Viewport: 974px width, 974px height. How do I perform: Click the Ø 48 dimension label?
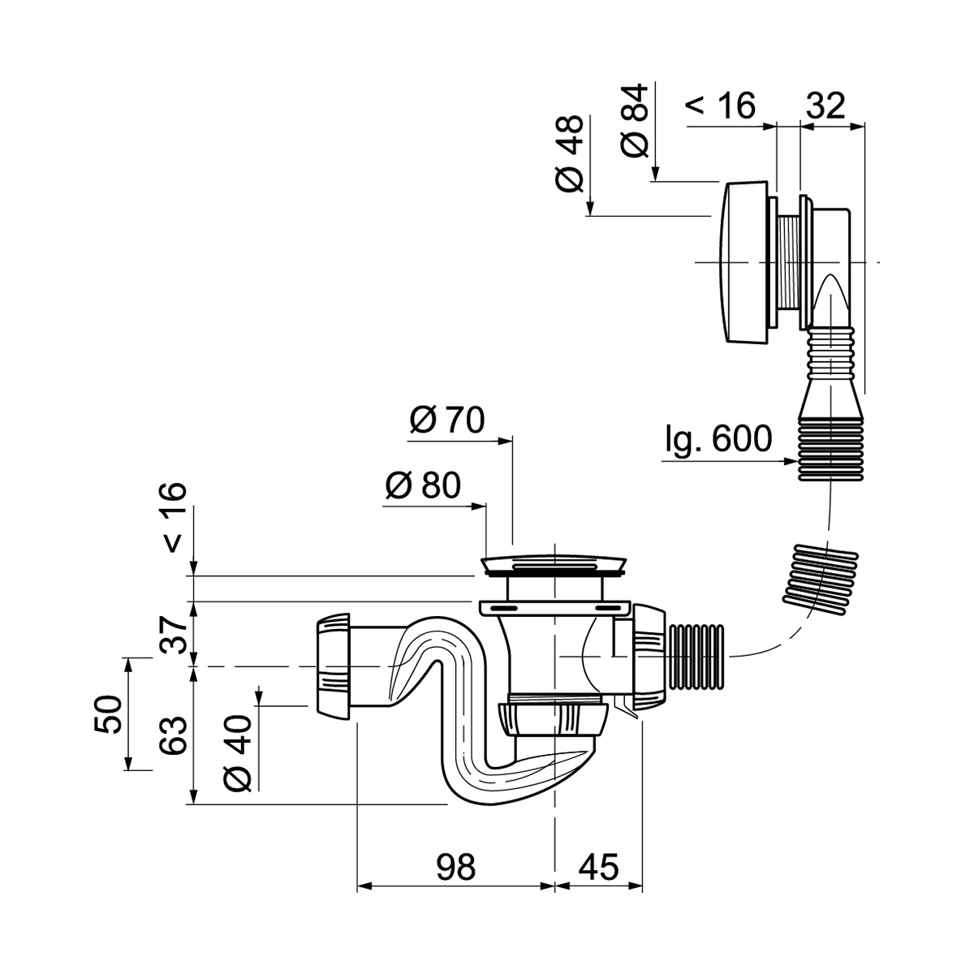(x=571, y=153)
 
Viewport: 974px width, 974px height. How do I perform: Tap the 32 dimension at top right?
(x=825, y=105)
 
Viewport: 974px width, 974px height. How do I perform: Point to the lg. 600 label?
(x=718, y=439)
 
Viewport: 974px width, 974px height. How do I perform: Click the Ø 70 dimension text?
(x=446, y=420)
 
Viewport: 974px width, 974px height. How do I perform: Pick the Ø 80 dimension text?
(x=422, y=485)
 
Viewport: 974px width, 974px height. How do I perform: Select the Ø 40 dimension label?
(x=239, y=743)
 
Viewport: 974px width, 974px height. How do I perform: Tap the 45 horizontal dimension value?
(x=598, y=867)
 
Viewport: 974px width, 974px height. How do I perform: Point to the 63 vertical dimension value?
(x=175, y=735)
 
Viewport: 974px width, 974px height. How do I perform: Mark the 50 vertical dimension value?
(x=109, y=714)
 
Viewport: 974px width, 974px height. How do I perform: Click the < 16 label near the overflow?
(x=722, y=105)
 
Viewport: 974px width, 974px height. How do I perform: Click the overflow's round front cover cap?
(x=742, y=263)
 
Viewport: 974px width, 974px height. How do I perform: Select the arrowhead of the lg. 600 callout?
(x=789, y=462)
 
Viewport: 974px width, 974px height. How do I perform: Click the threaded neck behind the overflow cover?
(x=788, y=261)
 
